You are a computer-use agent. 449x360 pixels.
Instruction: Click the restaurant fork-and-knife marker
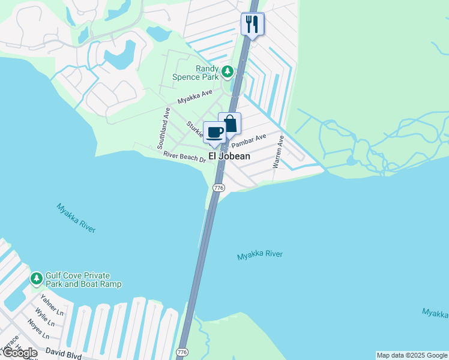click(x=252, y=25)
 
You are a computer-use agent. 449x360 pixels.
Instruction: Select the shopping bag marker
click(x=229, y=124)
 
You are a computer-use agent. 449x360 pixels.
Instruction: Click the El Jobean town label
click(x=229, y=155)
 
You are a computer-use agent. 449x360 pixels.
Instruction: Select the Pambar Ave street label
click(x=249, y=142)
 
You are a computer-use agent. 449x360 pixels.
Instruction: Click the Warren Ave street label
click(x=278, y=151)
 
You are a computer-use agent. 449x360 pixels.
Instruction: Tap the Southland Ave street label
click(x=162, y=128)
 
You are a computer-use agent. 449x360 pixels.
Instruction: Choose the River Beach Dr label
click(x=185, y=156)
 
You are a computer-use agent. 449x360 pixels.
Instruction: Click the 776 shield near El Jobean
click(x=218, y=188)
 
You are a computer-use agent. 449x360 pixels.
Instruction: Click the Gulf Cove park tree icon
click(x=37, y=278)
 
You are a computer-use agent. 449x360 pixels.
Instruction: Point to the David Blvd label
click(x=62, y=355)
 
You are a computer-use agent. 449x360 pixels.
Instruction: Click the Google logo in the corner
click(x=19, y=353)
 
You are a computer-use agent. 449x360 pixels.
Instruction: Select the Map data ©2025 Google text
click(x=412, y=355)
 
